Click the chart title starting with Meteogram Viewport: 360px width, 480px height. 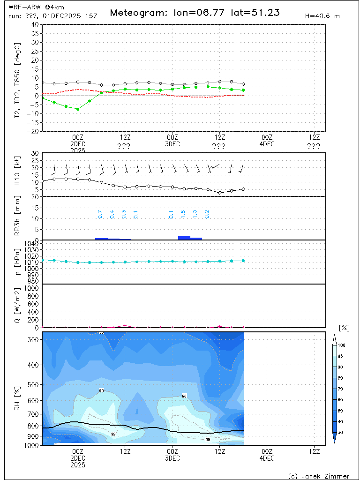click(x=195, y=13)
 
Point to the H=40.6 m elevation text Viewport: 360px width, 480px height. click(x=322, y=16)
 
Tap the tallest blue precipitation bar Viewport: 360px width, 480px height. click(x=184, y=238)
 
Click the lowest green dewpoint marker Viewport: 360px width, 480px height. click(x=78, y=109)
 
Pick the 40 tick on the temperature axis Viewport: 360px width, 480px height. click(x=35, y=24)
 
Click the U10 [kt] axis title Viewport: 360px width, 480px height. click(x=17, y=172)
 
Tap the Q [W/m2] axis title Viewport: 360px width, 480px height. click(x=17, y=306)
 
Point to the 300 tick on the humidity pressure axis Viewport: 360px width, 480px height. click(x=34, y=340)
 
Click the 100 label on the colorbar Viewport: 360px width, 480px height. click(x=342, y=345)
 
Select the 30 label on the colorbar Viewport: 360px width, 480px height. click(x=341, y=432)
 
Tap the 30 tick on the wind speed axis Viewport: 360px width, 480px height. click(x=35, y=153)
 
